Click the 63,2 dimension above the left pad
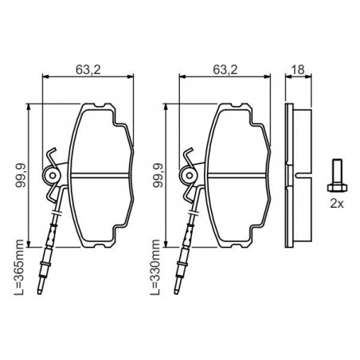coord(88,70)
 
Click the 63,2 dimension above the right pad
coord(225,70)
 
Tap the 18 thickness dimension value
coord(298,70)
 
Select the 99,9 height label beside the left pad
coord(21,175)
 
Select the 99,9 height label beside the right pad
coord(158,175)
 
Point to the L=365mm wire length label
coord(19,268)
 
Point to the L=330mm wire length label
coord(156,268)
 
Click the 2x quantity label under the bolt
coord(337,204)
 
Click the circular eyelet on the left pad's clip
coord(53,175)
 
